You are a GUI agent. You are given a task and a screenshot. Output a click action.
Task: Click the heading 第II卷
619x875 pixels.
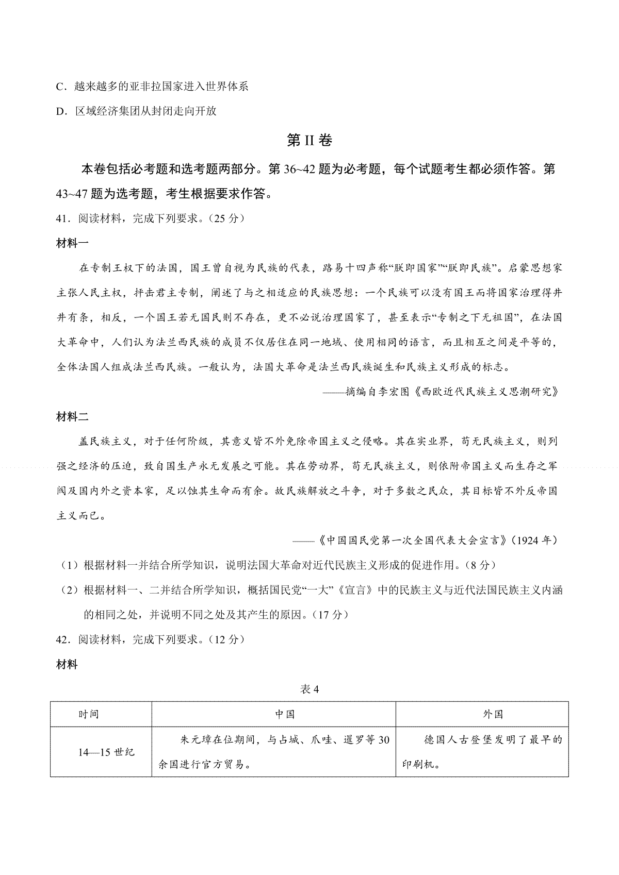point(309,140)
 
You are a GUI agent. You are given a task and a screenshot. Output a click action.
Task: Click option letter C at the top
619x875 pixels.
point(59,86)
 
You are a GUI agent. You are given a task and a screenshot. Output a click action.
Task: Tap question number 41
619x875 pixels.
point(62,218)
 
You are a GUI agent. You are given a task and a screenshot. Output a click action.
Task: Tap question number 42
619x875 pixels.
point(62,640)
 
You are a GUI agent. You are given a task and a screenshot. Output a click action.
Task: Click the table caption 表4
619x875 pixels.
point(309,689)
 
